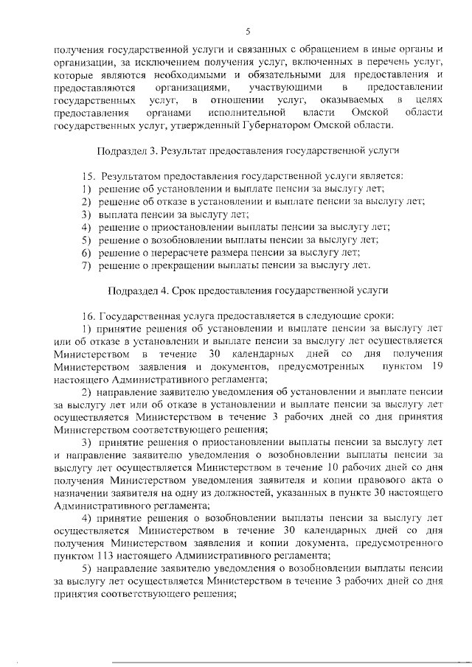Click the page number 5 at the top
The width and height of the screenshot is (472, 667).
pos(249,30)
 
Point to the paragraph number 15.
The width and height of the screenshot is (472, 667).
pos(89,177)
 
